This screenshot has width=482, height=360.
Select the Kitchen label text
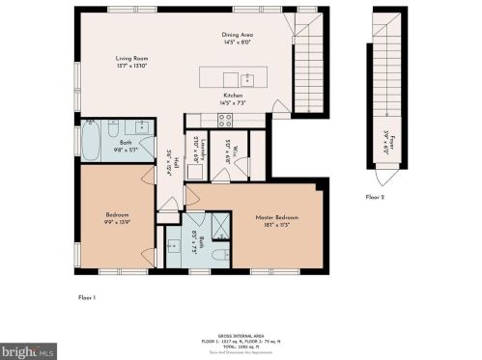click(x=234, y=95)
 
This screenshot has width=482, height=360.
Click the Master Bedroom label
click(x=276, y=217)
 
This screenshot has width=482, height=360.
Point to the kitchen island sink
click(x=247, y=78)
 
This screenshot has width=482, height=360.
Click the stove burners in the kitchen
click(x=225, y=121)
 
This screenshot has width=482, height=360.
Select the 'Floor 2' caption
click(x=376, y=196)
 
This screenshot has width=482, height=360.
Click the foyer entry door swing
click(x=387, y=178)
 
